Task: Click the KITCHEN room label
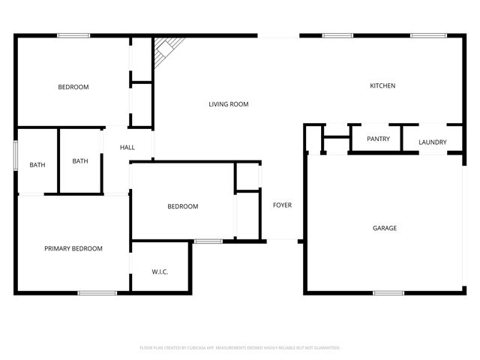point(382,86)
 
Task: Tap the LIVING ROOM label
point(229,104)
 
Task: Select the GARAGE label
point(385,228)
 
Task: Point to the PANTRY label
point(378,139)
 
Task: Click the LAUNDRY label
point(433,142)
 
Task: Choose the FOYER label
point(282,205)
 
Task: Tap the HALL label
point(127,147)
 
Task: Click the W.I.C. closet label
point(160,271)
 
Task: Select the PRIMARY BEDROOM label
point(73,248)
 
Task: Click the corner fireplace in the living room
point(164,50)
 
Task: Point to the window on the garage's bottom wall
point(388,292)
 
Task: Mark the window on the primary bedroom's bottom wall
point(97,292)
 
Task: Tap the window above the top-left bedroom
point(73,35)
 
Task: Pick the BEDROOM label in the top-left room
point(73,87)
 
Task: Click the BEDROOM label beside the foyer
point(183,206)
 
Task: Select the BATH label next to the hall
point(80,160)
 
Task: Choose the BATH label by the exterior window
point(37,165)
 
